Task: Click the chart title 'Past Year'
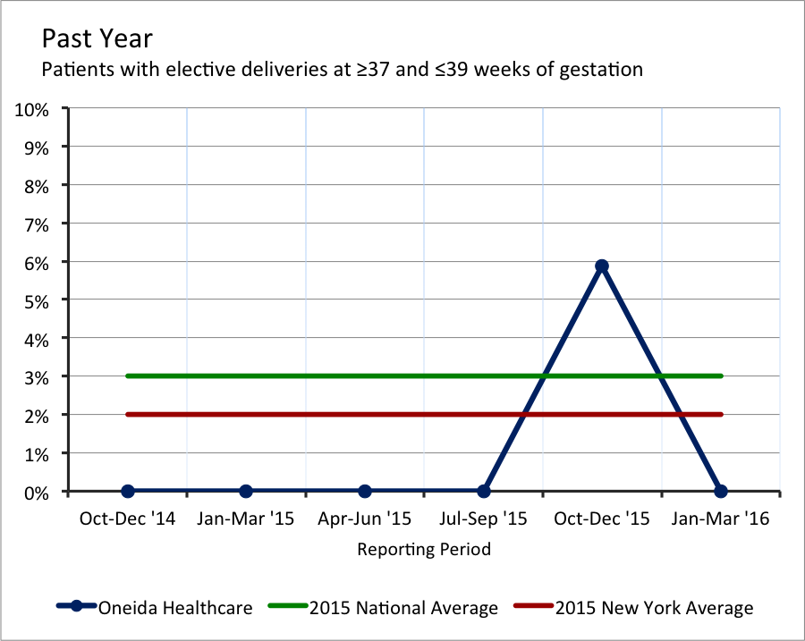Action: [x=97, y=39]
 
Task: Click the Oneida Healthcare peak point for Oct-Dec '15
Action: [x=602, y=266]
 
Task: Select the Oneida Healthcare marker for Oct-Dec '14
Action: [x=128, y=491]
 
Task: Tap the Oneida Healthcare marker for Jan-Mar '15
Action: [x=246, y=491]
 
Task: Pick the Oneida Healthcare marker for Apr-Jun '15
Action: [x=365, y=491]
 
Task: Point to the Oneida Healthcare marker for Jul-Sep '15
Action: [x=484, y=491]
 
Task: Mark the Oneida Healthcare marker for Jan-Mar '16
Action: [x=721, y=491]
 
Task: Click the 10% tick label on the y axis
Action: [x=36, y=109]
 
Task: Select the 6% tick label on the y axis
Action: [x=40, y=262]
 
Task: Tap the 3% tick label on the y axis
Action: [x=40, y=376]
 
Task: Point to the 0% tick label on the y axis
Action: [x=40, y=492]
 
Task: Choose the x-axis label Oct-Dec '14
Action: [x=127, y=519]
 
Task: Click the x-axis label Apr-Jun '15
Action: [x=365, y=519]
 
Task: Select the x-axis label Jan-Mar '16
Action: [x=721, y=519]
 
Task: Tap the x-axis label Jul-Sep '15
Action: [x=484, y=519]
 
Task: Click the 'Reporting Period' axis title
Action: [x=424, y=549]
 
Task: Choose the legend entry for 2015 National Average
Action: [x=403, y=608]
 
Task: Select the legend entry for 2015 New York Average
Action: [x=654, y=608]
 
